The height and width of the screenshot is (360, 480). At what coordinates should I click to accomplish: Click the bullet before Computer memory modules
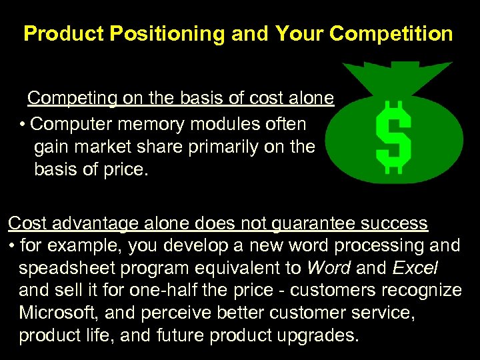tap(23, 124)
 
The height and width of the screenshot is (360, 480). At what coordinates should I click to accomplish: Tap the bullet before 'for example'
tap(13, 246)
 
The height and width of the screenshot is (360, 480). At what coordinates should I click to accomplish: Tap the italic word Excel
tap(415, 268)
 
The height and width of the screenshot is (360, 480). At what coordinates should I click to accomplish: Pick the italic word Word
tap(329, 268)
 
